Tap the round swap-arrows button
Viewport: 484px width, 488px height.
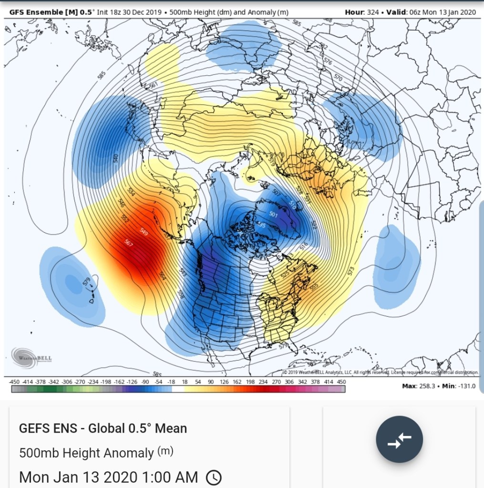(x=399, y=439)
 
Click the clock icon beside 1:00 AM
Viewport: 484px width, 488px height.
(x=214, y=477)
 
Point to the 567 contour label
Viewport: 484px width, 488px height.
(x=129, y=242)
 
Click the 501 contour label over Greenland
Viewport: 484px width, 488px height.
(x=273, y=215)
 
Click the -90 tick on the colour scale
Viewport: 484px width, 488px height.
(x=145, y=382)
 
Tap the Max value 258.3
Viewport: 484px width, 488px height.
(x=435, y=386)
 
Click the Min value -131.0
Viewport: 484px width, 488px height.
(x=466, y=386)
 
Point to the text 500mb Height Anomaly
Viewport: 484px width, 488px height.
(x=87, y=452)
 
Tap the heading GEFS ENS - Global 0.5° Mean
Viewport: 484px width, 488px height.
(x=103, y=428)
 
